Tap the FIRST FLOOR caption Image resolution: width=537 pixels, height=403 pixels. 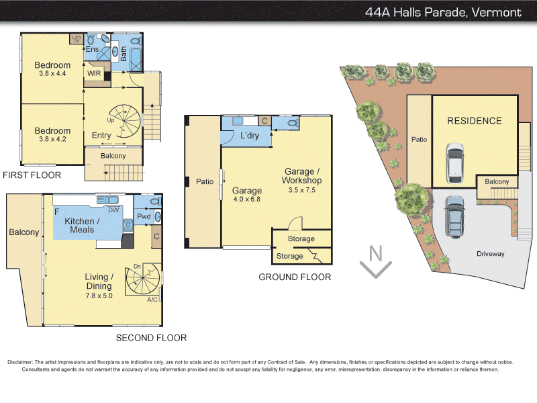32,175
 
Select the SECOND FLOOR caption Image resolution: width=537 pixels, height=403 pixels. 151,338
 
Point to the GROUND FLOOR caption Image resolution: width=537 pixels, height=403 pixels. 295,277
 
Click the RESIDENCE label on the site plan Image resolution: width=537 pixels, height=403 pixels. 475,121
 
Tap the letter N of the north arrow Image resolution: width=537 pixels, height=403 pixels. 376,254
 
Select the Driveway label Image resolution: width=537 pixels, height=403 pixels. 490,254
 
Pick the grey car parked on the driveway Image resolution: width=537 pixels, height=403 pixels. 454,216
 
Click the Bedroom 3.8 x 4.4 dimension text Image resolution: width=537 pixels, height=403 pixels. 52,74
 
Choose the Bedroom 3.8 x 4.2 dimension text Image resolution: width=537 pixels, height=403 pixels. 52,140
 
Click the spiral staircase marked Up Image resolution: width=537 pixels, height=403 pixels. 126,120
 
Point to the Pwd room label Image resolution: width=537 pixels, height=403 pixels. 144,217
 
